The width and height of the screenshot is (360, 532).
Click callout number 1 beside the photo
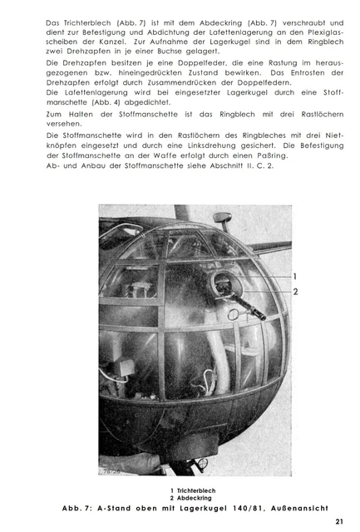[x=294, y=276]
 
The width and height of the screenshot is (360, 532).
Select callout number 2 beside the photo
[x=294, y=292]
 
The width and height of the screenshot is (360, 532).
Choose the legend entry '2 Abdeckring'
[x=190, y=498]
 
